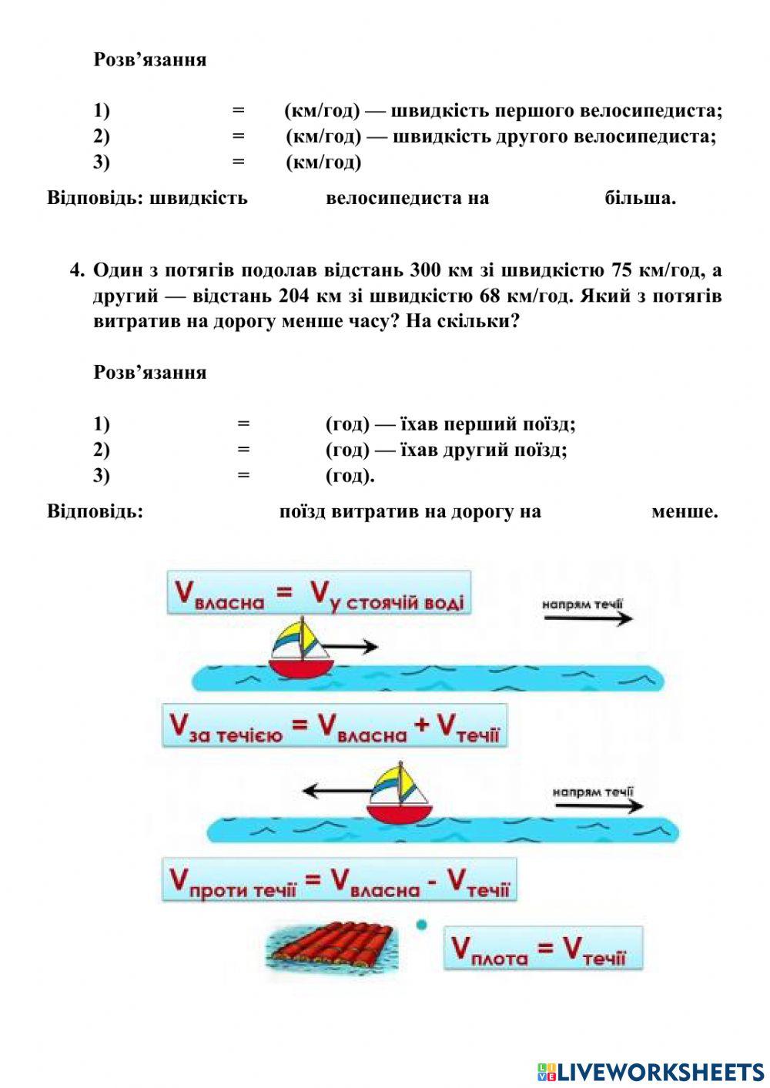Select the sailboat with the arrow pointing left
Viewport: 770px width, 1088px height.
tap(399, 795)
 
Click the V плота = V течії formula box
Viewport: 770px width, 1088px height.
tap(542, 948)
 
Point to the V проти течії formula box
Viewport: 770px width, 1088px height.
tap(339, 880)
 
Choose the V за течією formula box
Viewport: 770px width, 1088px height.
tap(334, 725)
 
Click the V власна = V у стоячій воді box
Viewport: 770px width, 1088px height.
tap(318, 592)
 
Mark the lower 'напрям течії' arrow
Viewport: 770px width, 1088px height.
tap(598, 806)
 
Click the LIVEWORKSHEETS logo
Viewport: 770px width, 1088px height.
tap(650, 1071)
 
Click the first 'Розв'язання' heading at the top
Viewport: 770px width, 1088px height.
tap(150, 59)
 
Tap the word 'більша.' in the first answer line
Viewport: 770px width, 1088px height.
tap(640, 198)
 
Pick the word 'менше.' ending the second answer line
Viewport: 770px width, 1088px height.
tap(684, 511)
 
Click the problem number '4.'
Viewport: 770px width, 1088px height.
tap(77, 270)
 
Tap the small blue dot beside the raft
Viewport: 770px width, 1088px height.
tap(421, 925)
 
